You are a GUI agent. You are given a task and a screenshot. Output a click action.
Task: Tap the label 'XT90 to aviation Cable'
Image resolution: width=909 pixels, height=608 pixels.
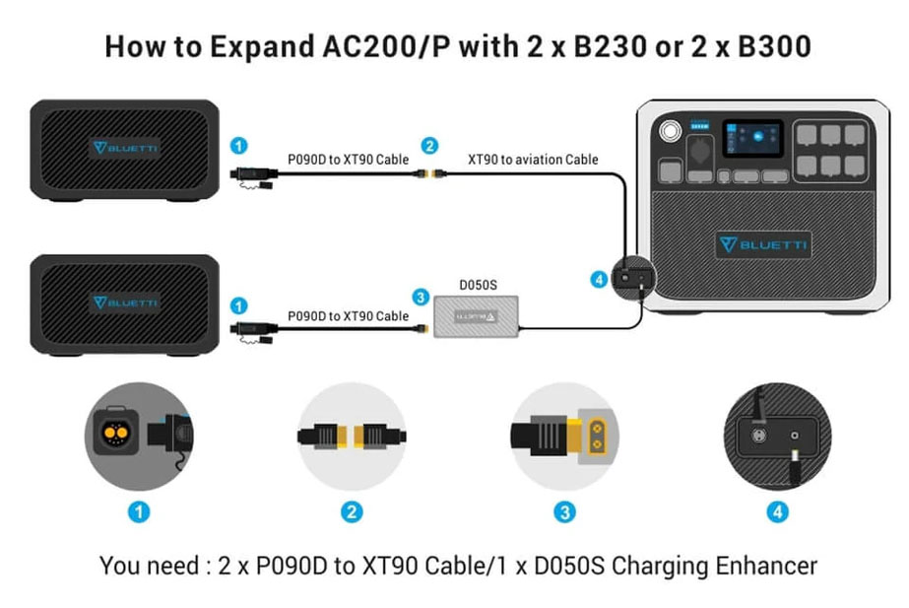[533, 158]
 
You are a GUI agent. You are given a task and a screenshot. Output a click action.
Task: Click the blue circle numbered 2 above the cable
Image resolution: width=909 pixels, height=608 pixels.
[429, 146]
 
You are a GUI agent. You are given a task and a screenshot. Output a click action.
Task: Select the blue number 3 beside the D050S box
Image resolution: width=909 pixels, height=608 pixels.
[421, 296]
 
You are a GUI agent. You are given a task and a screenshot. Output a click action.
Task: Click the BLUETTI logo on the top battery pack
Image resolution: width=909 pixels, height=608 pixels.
[125, 148]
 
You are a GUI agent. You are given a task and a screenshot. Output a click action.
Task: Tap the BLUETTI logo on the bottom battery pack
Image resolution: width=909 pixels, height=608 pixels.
[125, 303]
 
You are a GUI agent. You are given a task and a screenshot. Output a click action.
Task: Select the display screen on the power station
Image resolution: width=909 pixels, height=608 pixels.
[752, 139]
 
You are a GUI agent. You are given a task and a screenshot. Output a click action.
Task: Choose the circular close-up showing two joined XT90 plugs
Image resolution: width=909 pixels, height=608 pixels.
[352, 435]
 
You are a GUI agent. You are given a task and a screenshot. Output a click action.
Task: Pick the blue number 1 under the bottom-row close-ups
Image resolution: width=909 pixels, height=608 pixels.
[140, 511]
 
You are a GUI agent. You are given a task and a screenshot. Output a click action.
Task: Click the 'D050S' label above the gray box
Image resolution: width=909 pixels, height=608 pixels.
[478, 285]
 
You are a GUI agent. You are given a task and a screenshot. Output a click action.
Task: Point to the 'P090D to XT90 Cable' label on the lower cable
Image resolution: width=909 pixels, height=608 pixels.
[348, 315]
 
